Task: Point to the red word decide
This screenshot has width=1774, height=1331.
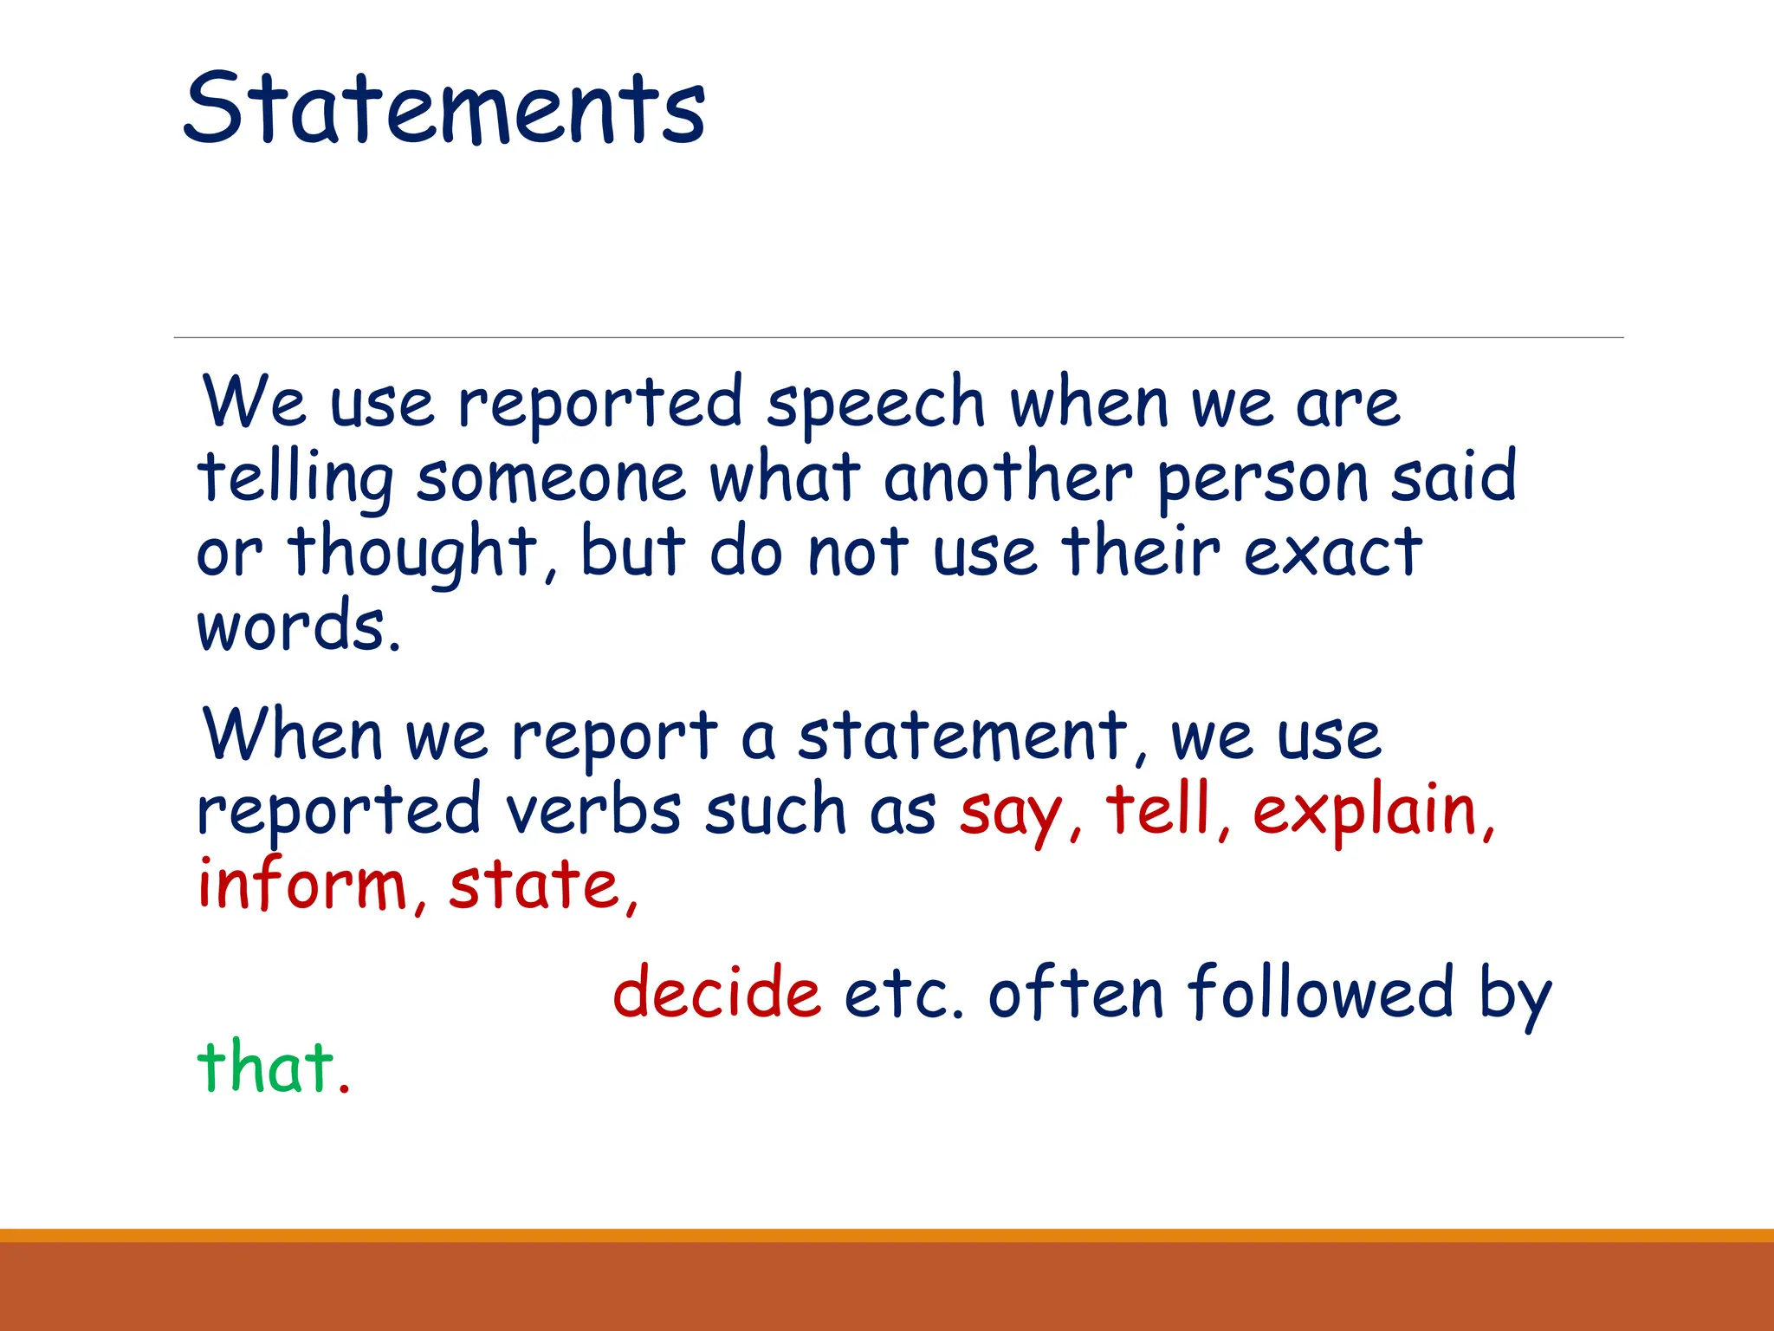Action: [x=716, y=992]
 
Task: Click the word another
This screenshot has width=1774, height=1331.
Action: [x=1007, y=477]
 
